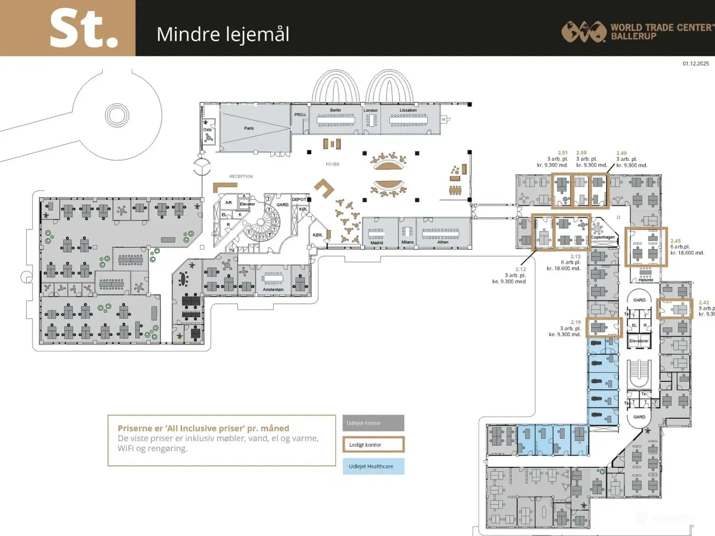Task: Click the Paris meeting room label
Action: [249, 128]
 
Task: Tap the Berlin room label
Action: [335, 110]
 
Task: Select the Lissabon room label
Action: [408, 110]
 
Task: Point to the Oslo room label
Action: [207, 130]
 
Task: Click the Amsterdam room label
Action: [273, 290]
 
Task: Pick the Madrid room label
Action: [376, 243]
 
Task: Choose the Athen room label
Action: [442, 242]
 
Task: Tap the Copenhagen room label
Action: [603, 237]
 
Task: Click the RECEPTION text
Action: [241, 176]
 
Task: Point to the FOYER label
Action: [332, 164]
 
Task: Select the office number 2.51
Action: [563, 152]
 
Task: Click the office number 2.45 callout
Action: [675, 241]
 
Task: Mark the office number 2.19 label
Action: [575, 322]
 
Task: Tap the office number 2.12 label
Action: [520, 269]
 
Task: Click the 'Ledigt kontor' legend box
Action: [373, 445]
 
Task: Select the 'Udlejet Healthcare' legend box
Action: [373, 466]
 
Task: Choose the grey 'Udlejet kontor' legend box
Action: [373, 423]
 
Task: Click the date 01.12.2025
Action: [695, 64]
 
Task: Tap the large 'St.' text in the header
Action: [84, 29]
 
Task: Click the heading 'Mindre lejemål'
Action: [223, 35]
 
